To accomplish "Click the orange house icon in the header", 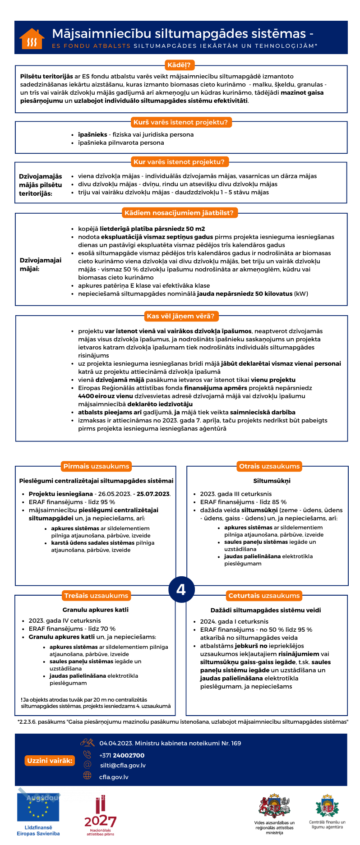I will pos(32,39).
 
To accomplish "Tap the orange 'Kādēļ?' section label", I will pos(179,65).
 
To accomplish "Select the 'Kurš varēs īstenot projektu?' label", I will pos(180,122).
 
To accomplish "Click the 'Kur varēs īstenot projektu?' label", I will pos(179,162).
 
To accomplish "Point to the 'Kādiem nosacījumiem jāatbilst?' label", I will pos(179,213).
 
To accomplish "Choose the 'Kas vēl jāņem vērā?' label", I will pos(180,316).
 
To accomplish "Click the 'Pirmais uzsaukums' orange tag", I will pos(96,466).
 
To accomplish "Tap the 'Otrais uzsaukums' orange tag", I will pos(269,466).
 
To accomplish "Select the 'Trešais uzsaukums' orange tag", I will pos(96,596).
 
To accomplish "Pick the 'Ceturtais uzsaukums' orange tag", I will pos(264,596).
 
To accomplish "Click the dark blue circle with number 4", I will pos(181,589).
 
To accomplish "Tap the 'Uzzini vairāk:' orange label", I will pos(50,761).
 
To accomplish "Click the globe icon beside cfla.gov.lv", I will pos(87,775).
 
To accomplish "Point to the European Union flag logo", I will pos(38,807).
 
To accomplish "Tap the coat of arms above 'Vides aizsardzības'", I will pos(274,806).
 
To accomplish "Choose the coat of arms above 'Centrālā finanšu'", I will pos(327,806).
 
